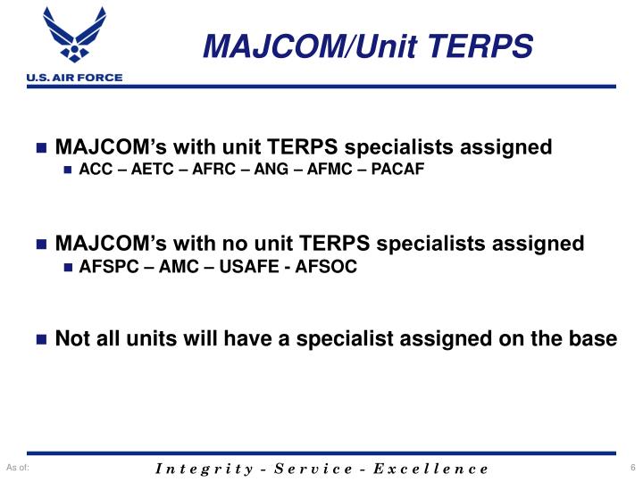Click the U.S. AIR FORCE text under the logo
[x=62, y=78]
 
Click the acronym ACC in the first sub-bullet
[x=95, y=170]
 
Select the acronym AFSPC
[x=105, y=267]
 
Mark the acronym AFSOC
[x=318, y=267]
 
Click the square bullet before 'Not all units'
[x=41, y=339]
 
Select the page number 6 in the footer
[x=631, y=468]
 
